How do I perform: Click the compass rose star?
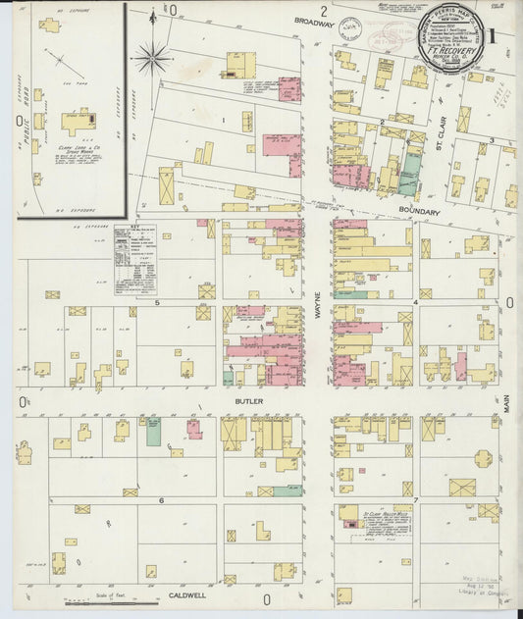[x=152, y=58]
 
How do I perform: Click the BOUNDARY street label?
[x=419, y=210]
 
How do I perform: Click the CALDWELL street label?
[x=185, y=593]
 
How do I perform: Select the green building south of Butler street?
[x=153, y=432]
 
